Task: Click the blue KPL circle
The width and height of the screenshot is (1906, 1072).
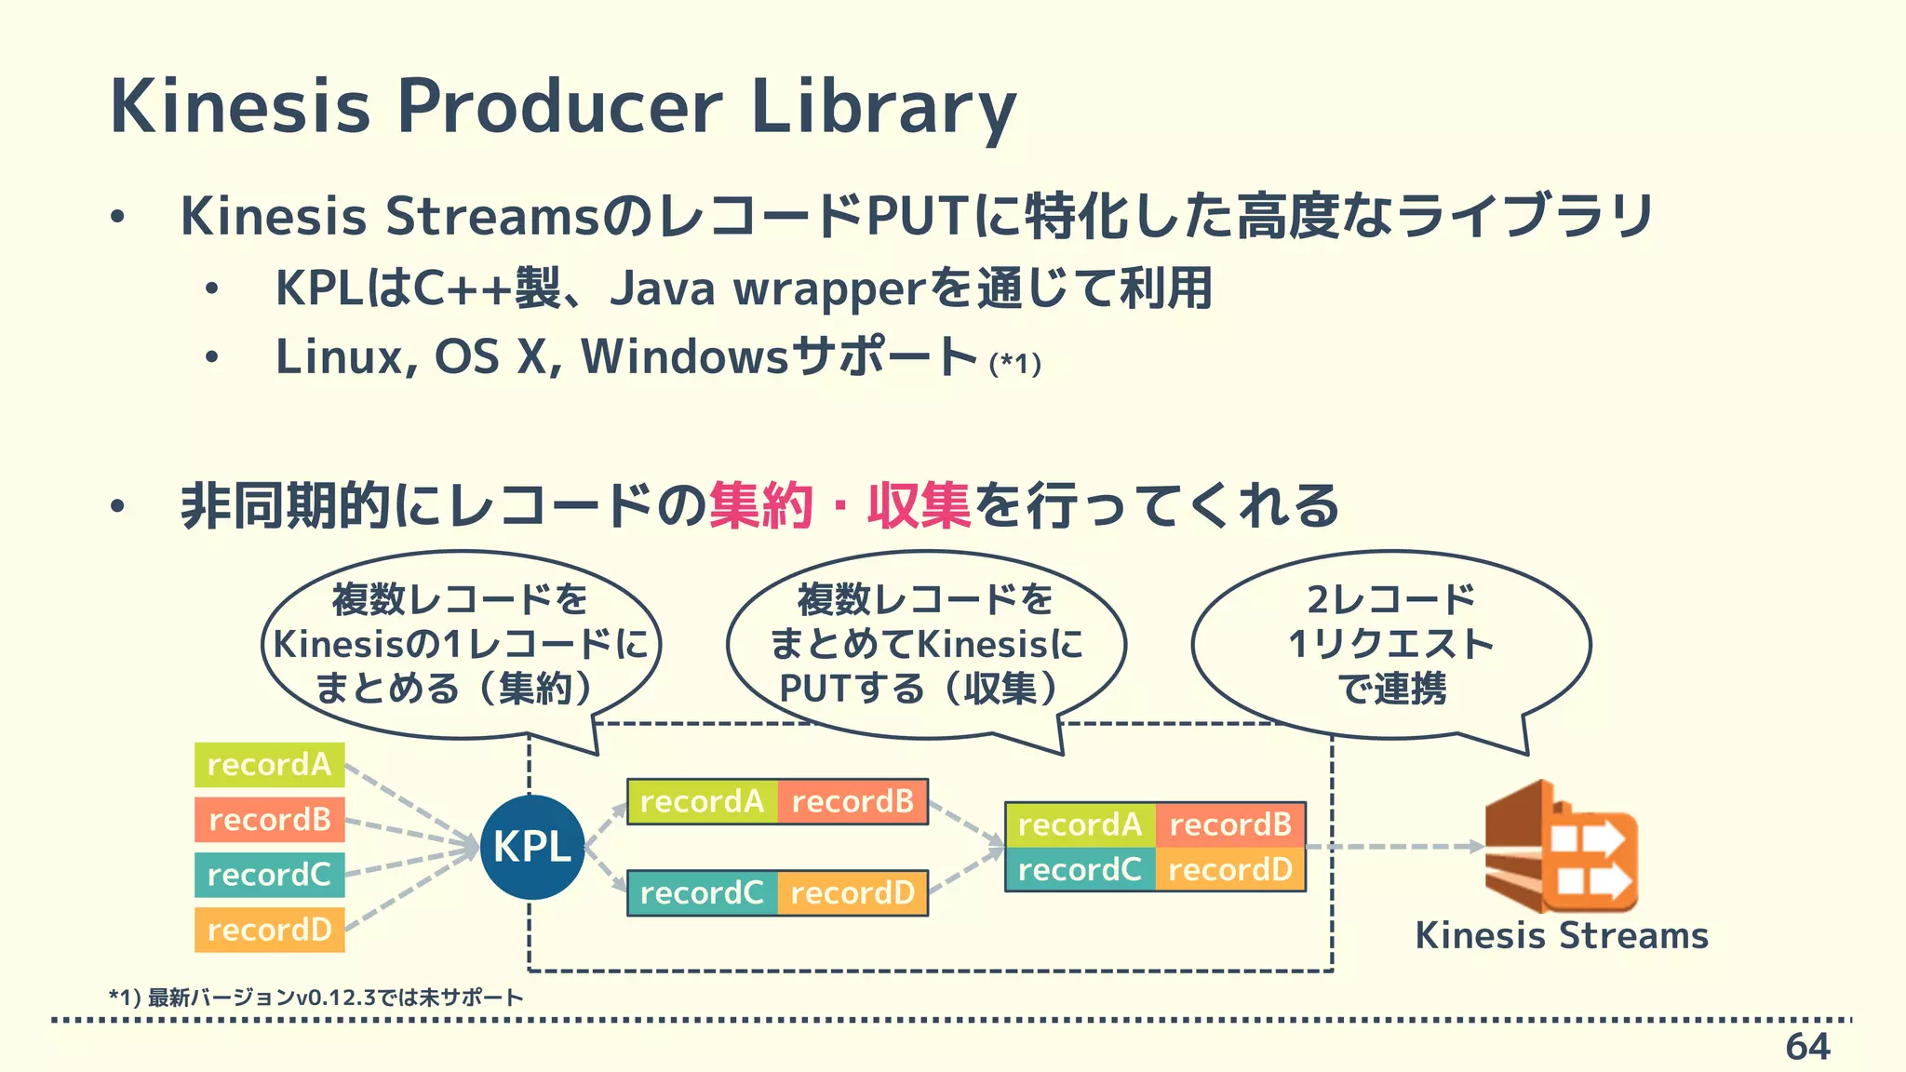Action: pos(532,847)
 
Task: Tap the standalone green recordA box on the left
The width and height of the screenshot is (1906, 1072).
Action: pos(269,765)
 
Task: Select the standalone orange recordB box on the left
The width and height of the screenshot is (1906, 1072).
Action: pos(269,820)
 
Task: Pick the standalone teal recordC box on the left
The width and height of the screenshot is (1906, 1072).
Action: pos(269,875)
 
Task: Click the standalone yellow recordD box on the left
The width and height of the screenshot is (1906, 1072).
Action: pos(269,930)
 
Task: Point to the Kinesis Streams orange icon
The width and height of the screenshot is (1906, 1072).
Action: pos(1561,847)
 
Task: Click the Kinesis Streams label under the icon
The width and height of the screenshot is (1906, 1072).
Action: pos(1561,935)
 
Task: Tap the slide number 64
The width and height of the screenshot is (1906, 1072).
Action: pos(1806,1047)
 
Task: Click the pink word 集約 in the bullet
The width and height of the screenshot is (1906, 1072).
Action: pos(760,506)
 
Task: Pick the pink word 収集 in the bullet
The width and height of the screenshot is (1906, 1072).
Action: pos(919,506)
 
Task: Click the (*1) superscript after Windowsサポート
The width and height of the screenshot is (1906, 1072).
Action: pos(1014,363)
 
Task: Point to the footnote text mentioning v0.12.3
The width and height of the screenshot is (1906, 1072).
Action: pos(316,998)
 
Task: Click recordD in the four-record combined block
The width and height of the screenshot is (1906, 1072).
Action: pos(1229,870)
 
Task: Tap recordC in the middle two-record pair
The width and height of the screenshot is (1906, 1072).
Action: pos(702,893)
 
